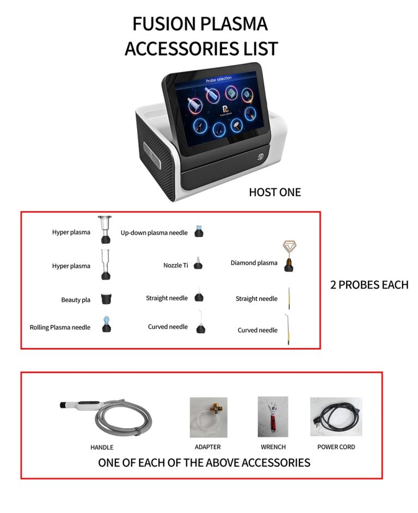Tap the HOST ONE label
pos(275,192)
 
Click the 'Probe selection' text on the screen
pos(218,80)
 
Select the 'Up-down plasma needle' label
pos(154,233)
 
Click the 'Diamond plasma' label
pos(254,263)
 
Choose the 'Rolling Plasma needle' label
pos(60,327)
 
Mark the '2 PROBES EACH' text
pos(369,285)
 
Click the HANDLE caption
pos(102,448)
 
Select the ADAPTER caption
pos(207,447)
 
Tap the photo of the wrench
pos(273,417)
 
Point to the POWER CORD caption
pos(336,447)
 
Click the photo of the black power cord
pos(335,417)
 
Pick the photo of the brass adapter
pos(208,417)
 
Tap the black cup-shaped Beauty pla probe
pos(106,298)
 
